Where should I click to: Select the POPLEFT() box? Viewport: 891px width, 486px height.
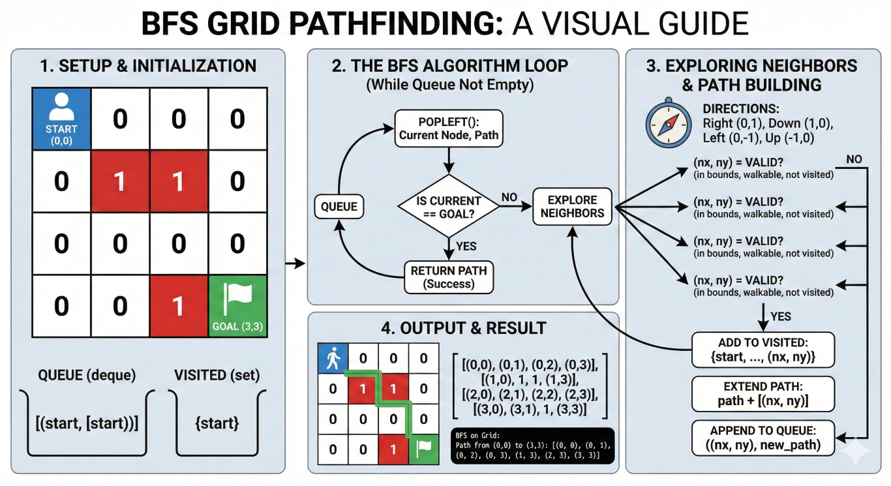coord(447,128)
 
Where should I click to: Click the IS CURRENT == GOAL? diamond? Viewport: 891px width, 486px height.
coord(448,207)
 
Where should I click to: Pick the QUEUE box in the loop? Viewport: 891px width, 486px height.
coord(339,207)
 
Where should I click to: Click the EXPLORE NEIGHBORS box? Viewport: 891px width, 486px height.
coord(572,207)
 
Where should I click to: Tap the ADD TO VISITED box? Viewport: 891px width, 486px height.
coord(763,351)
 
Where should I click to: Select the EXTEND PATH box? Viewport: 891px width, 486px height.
coord(763,393)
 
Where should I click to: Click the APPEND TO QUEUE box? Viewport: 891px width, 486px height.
coord(763,437)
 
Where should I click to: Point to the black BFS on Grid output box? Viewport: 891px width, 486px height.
coord(532,446)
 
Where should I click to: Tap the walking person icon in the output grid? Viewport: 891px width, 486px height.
coord(333,359)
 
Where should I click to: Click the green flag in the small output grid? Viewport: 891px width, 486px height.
coord(423,449)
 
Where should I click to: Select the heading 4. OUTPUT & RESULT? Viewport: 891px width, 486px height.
coord(463,327)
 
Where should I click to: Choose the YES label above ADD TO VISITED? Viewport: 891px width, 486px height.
coord(780,316)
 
